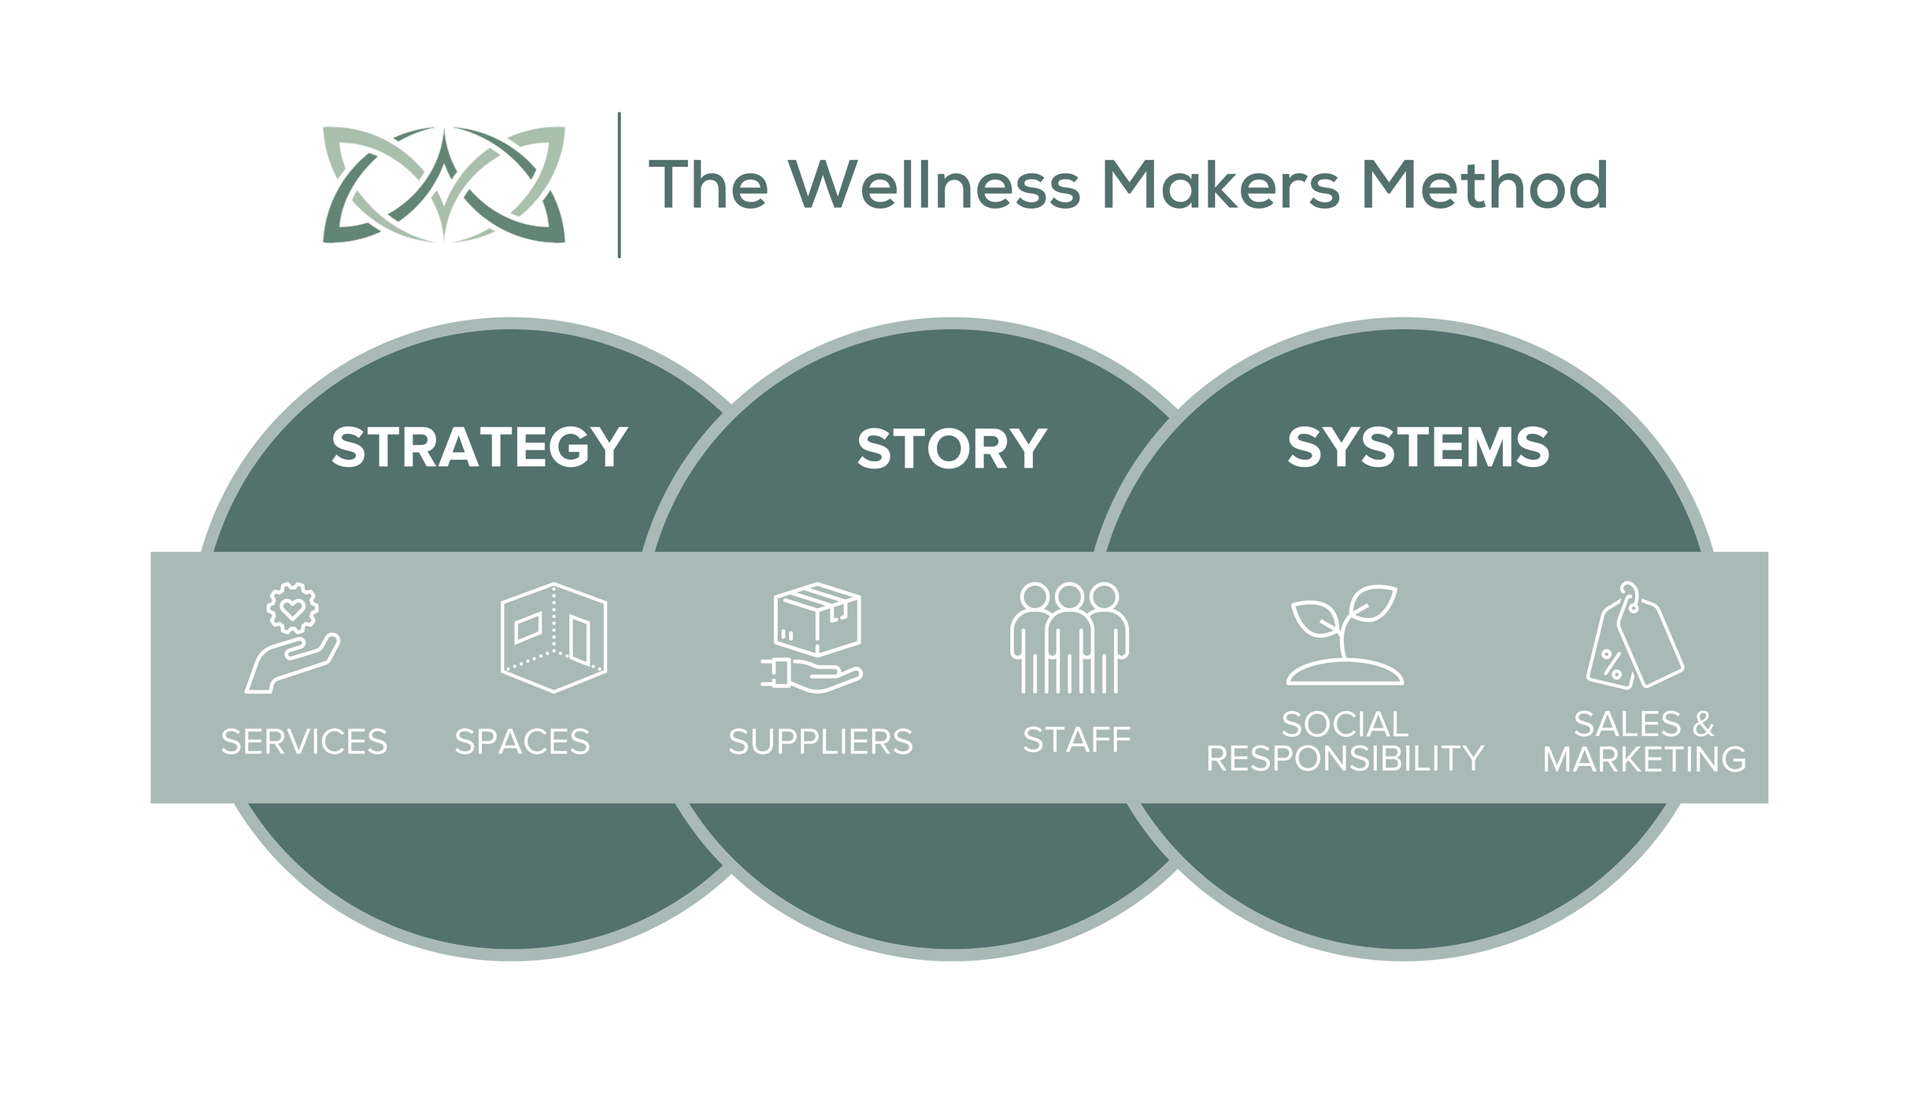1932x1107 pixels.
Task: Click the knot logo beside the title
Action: [443, 184]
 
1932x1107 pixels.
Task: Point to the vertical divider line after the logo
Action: [620, 184]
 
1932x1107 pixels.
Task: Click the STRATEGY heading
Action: [479, 448]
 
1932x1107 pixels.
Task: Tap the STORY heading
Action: [952, 450]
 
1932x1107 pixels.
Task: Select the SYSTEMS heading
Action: [1418, 448]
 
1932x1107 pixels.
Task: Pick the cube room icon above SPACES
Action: [553, 638]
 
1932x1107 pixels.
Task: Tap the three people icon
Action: [1069, 638]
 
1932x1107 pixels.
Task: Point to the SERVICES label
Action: [304, 742]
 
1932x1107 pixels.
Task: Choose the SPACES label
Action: [522, 742]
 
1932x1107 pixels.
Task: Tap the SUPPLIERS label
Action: [820, 742]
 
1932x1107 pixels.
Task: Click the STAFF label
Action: [1076, 740]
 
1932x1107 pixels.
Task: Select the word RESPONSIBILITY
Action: [1345, 759]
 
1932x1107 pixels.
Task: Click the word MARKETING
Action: [1644, 760]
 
